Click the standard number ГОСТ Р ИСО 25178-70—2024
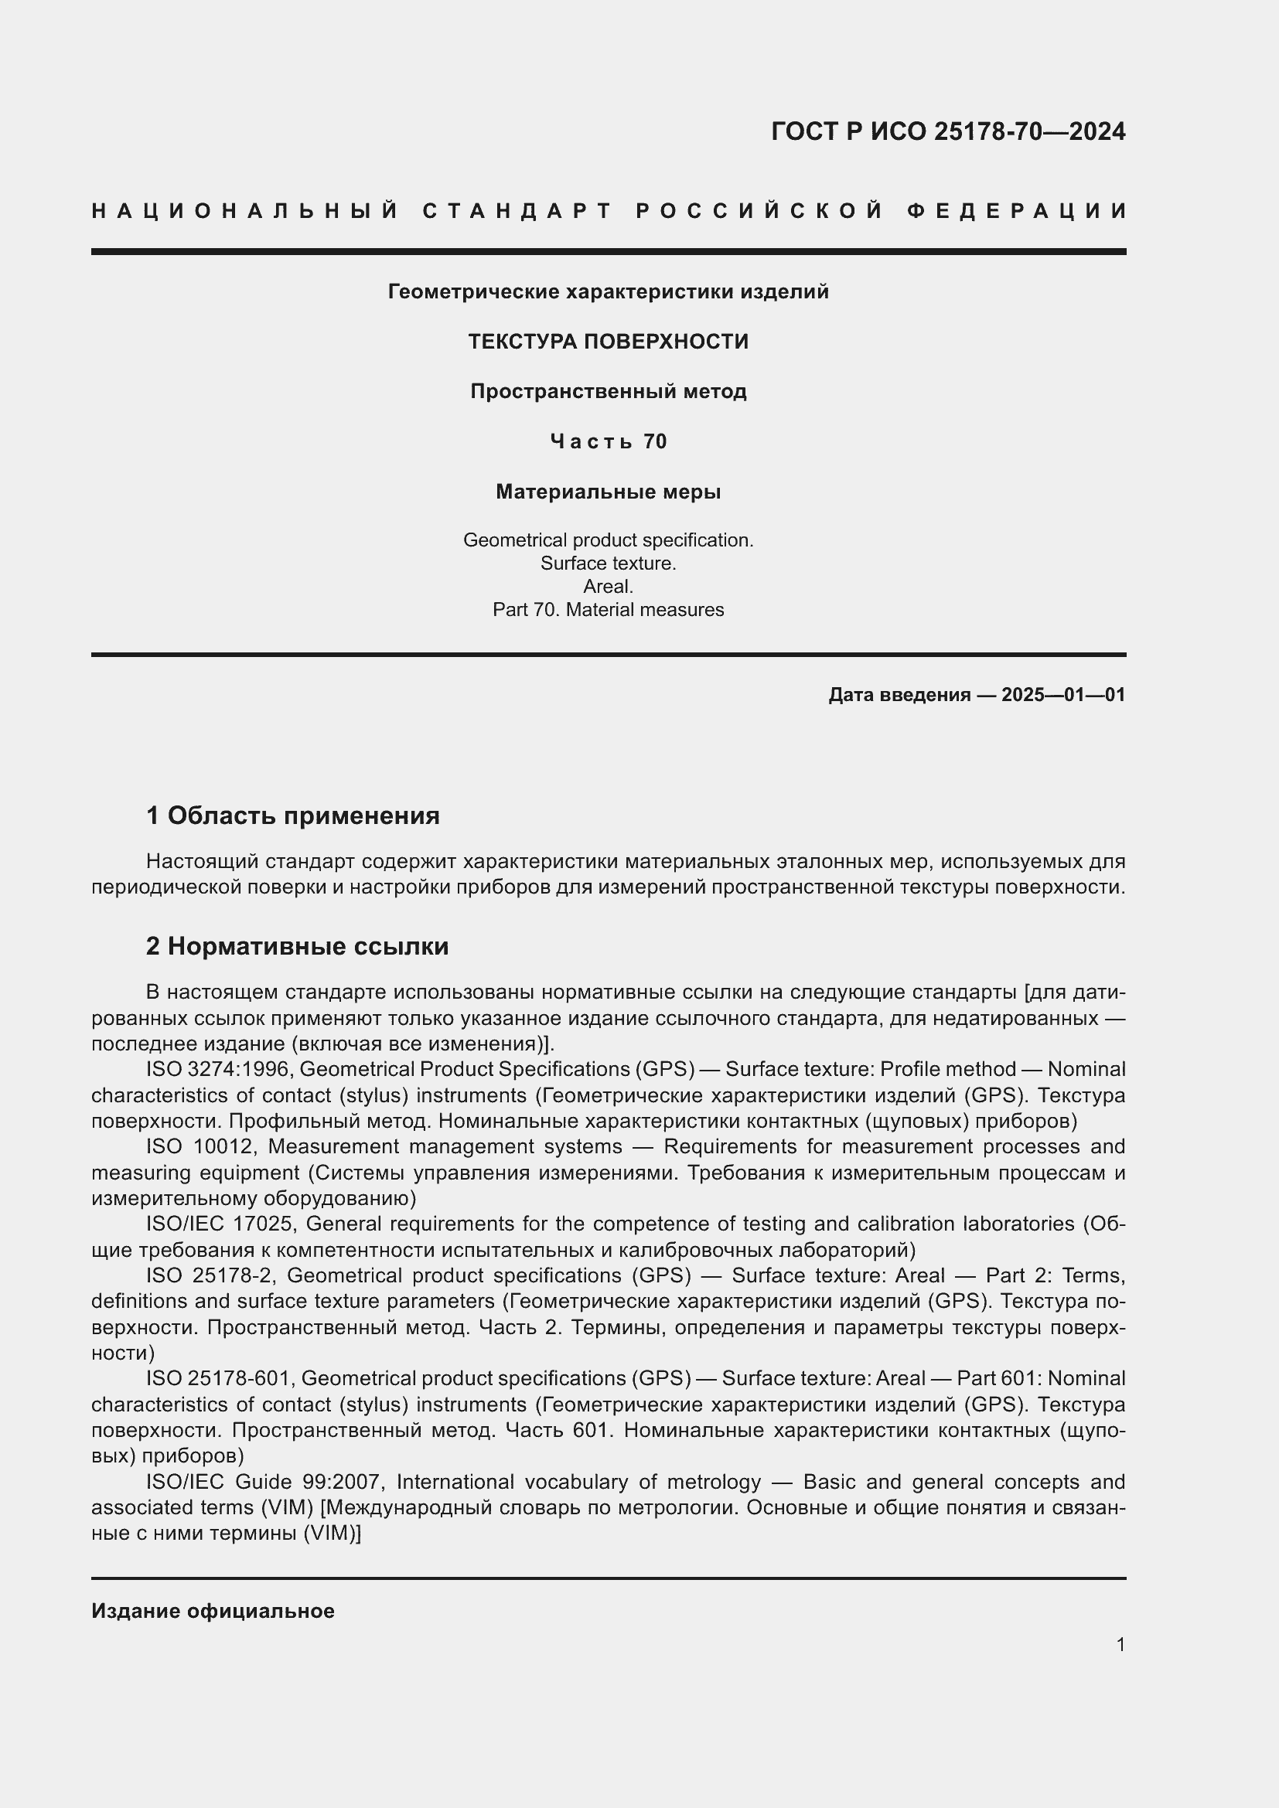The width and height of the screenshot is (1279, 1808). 947,131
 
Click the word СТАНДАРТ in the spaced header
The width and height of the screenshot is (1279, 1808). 517,211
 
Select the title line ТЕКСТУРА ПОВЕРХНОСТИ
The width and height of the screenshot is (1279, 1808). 608,342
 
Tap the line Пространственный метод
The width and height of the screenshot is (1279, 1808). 608,391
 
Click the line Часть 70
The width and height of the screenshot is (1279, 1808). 608,442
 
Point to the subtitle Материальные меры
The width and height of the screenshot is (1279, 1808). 608,492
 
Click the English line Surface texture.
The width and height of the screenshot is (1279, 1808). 608,563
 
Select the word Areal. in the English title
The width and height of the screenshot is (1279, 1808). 608,586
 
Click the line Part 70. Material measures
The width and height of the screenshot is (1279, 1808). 608,609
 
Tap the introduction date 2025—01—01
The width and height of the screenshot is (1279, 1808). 1063,695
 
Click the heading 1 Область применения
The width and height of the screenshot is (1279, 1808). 292,815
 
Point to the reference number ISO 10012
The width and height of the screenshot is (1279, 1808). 200,1146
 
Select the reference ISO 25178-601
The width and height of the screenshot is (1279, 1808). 219,1378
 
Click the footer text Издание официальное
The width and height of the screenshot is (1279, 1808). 213,1611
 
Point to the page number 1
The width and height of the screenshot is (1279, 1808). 1120,1644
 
